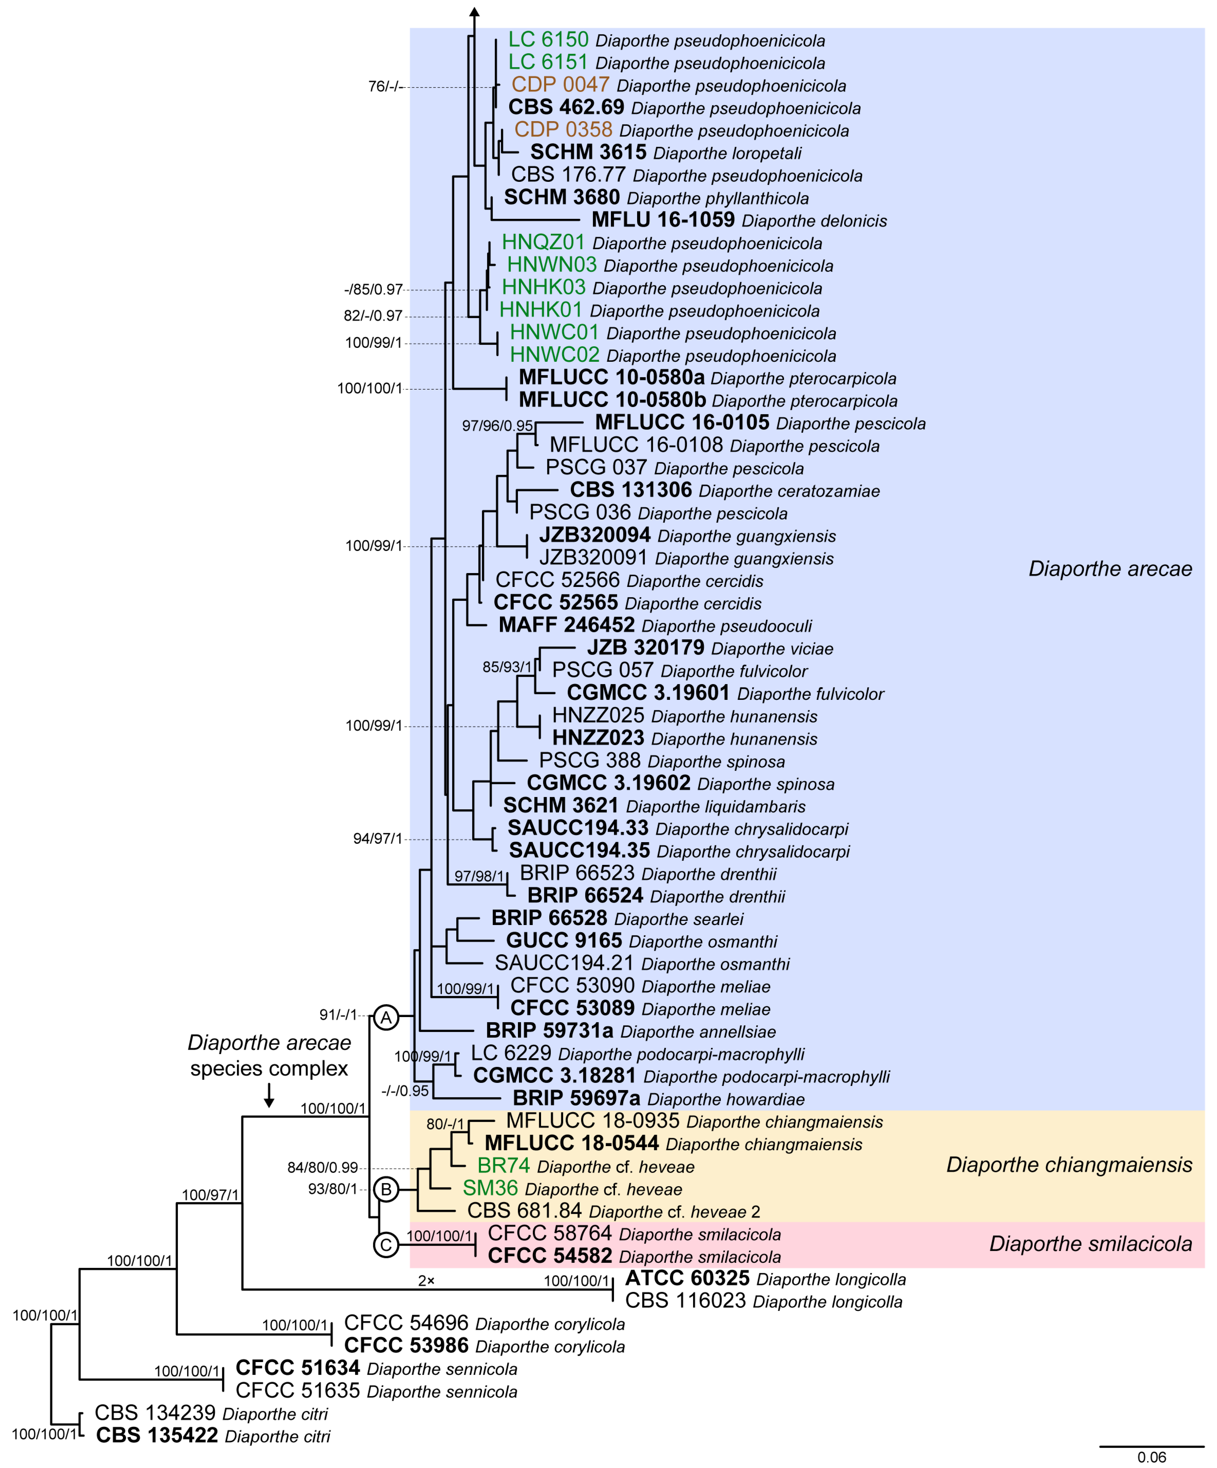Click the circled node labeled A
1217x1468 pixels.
pos(386,1017)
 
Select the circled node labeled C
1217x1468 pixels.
pos(386,1244)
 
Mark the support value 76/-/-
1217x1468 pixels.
pos(386,87)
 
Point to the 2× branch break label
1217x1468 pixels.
pos(426,1281)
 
